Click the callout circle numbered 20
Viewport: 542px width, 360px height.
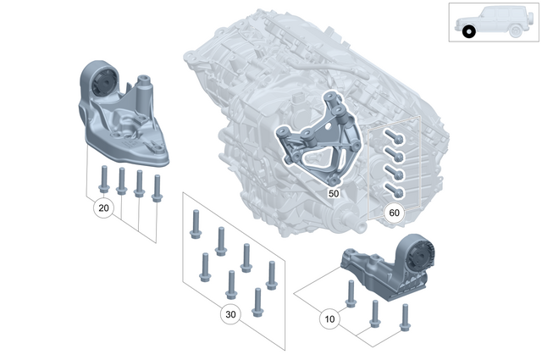[103, 208]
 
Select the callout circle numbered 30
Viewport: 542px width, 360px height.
[230, 313]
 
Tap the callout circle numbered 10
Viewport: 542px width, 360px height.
[329, 319]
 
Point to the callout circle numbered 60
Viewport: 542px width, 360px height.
[393, 213]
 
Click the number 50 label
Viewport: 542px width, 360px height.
[333, 194]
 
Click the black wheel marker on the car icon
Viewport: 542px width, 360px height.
[469, 33]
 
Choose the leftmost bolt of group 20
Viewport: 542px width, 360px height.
[103, 178]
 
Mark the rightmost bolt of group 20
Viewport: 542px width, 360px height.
[156, 187]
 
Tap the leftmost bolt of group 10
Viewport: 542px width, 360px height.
[351, 293]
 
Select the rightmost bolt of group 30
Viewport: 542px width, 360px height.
[272, 274]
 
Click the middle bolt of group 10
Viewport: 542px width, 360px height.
[374, 313]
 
